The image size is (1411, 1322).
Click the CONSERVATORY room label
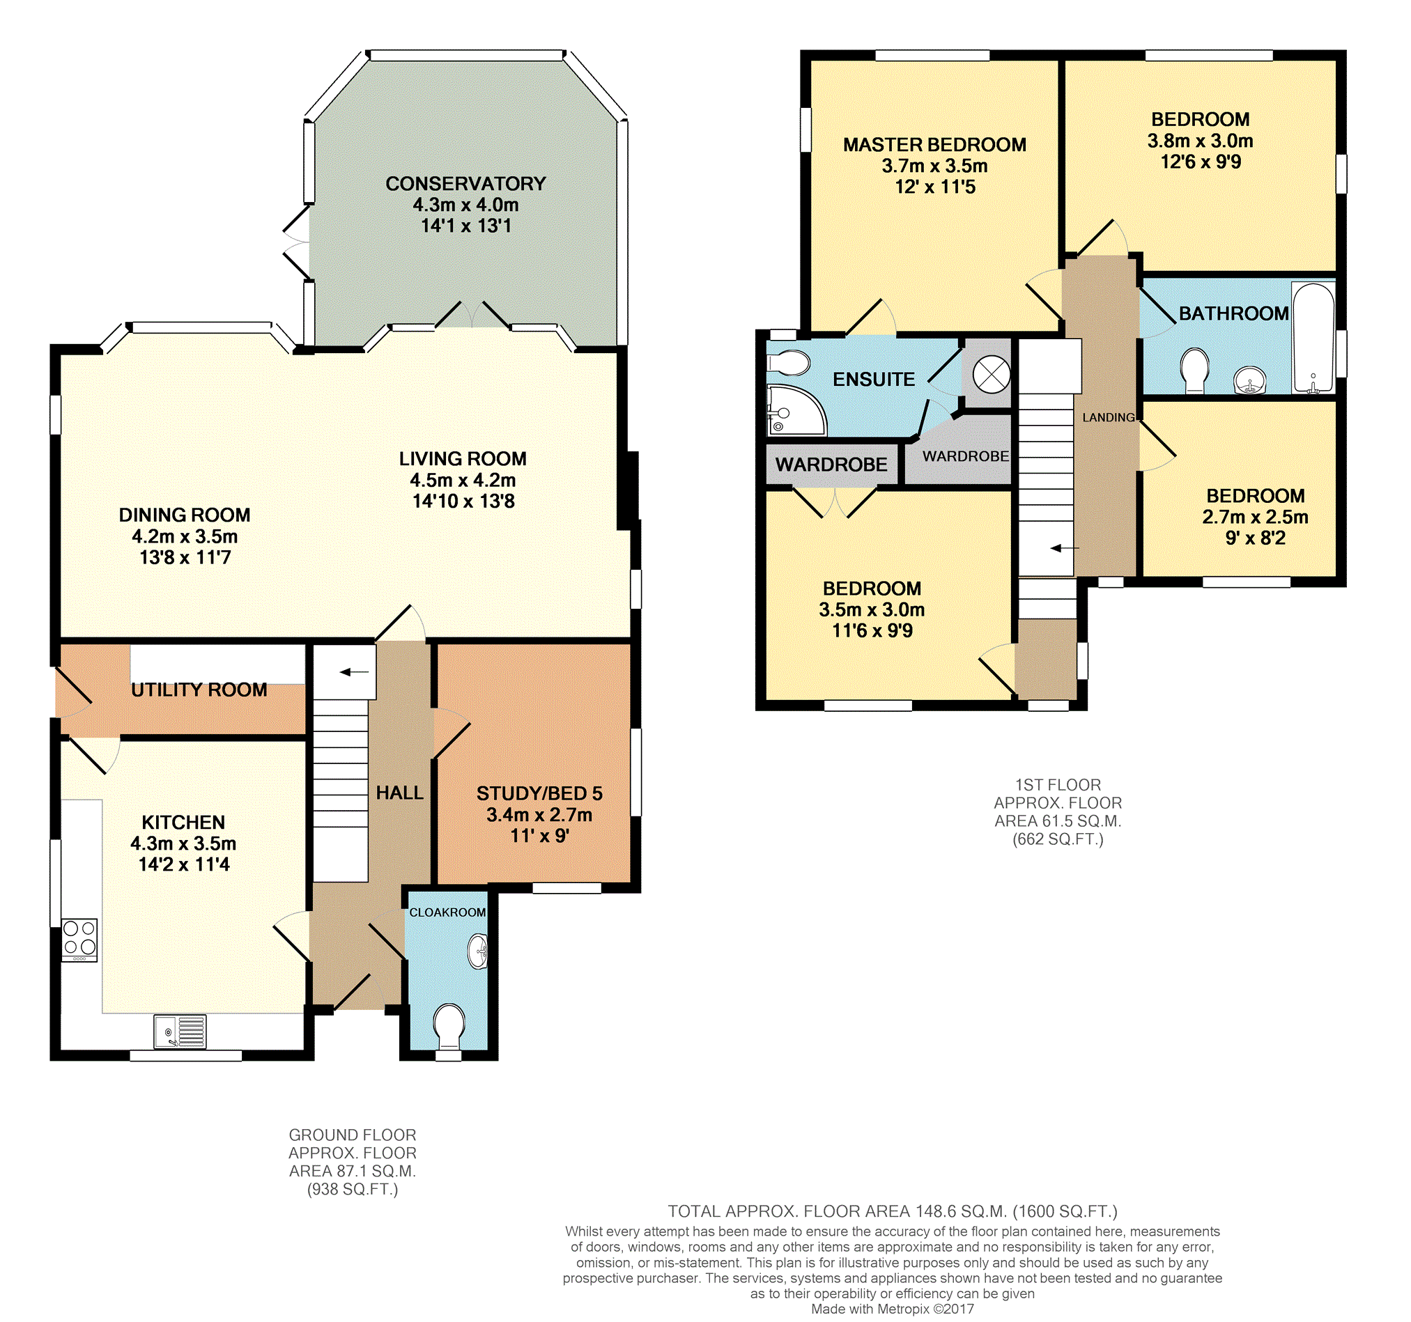tap(465, 184)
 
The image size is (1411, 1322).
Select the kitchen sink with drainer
tap(180, 1031)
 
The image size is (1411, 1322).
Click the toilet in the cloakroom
tap(449, 1026)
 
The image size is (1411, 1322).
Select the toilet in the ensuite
tap(789, 363)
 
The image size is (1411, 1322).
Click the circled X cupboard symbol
tap(991, 373)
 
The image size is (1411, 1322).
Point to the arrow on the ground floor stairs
tap(354, 672)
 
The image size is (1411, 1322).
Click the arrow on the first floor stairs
tap(1064, 548)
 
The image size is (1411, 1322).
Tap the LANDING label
tap(1108, 417)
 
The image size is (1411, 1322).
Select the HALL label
tap(399, 793)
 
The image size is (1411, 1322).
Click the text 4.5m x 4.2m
tap(463, 481)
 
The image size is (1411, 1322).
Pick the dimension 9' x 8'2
tap(1255, 538)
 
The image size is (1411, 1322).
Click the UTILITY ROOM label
tap(199, 690)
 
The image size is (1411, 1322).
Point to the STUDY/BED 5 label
tap(539, 793)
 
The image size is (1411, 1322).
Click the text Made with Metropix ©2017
tap(892, 1309)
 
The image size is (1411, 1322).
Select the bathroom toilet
tap(1194, 370)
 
